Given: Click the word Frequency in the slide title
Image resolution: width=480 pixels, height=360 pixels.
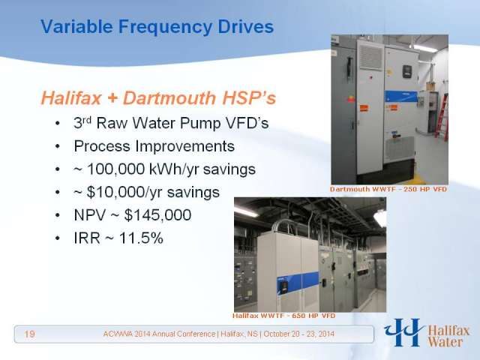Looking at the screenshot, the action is [x=164, y=27].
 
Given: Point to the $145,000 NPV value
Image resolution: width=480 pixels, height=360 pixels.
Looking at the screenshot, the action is [x=157, y=215].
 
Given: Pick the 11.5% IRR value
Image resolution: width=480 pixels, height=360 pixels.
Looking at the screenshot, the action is [x=141, y=238].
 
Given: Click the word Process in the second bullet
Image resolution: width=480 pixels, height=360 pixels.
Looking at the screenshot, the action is [x=102, y=146].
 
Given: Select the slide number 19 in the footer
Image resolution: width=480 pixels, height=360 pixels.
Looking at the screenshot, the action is [x=29, y=333].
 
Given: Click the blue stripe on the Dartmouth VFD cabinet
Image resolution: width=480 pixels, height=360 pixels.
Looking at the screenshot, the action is [x=401, y=97].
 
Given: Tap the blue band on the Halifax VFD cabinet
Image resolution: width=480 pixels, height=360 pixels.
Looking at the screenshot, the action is [x=298, y=282].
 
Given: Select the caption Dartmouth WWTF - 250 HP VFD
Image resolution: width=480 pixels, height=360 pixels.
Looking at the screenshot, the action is [x=388, y=189].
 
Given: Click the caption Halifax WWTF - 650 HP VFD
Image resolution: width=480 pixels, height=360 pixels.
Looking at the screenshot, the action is [x=283, y=316].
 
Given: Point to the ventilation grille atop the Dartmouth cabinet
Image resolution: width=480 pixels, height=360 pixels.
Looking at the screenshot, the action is [x=370, y=55].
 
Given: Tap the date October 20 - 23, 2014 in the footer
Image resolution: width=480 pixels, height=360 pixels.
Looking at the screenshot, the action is [x=298, y=334].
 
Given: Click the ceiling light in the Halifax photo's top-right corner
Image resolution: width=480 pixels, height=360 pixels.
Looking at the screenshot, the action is [x=380, y=217].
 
